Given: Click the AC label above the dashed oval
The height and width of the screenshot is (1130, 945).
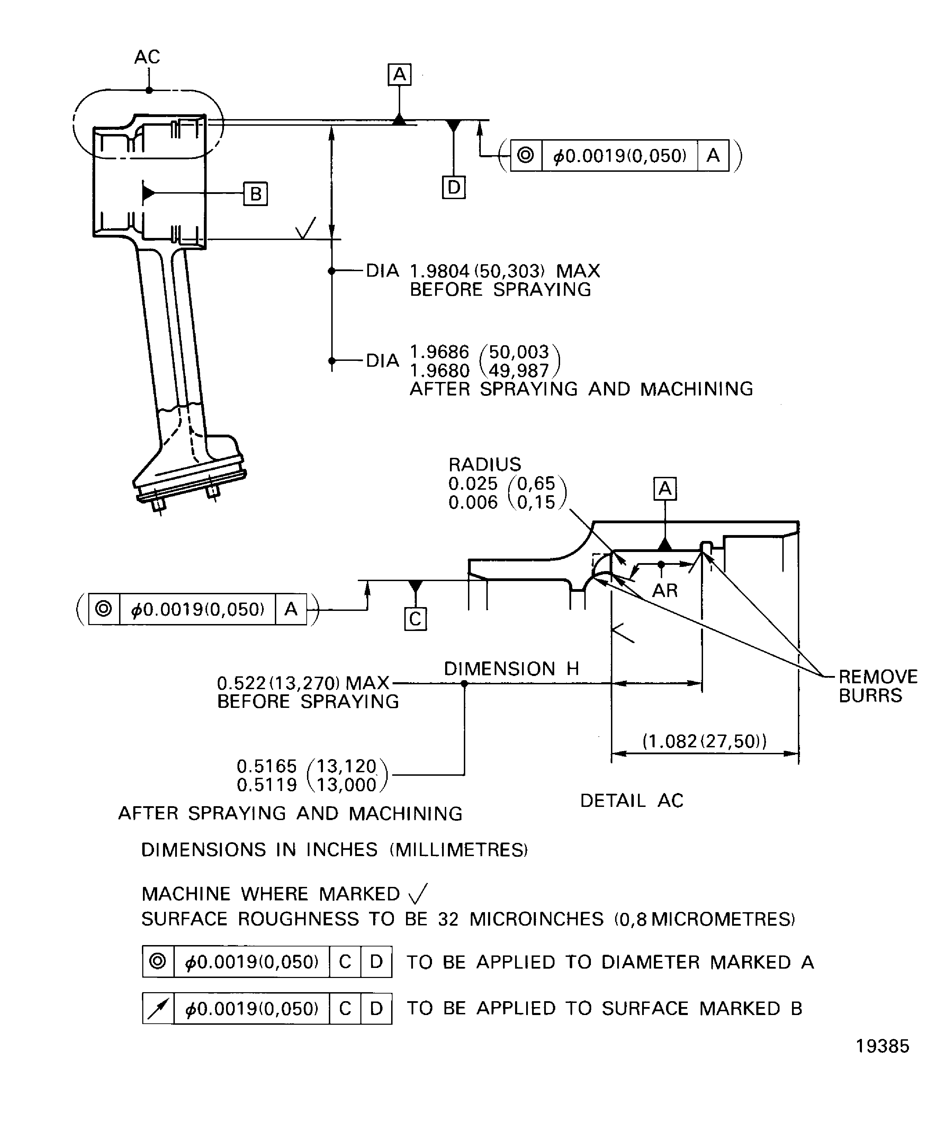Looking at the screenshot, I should (147, 57).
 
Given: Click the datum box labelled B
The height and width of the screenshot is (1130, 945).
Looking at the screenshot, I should (255, 194).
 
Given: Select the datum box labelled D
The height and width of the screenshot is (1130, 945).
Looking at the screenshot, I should (453, 187).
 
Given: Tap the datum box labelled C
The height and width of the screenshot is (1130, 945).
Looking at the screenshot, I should (415, 619).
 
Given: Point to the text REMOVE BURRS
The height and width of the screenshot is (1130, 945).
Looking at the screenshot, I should (877, 686).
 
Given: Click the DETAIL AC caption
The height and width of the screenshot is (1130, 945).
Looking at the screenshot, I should (631, 801).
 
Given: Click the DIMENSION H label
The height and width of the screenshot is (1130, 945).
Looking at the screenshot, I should (511, 669).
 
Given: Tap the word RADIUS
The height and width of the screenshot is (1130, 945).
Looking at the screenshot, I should (485, 464).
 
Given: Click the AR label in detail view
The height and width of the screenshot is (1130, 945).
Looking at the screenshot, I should (665, 591).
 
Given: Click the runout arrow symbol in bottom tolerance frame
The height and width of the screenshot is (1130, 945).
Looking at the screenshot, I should (158, 1008).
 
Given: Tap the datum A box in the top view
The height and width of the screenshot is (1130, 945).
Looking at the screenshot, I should (399, 75).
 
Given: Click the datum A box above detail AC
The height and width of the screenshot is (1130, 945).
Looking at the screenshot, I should (665, 489).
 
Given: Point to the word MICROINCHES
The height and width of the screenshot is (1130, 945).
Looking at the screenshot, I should (536, 919).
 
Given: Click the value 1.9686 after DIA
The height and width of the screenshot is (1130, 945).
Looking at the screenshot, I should (439, 352).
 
